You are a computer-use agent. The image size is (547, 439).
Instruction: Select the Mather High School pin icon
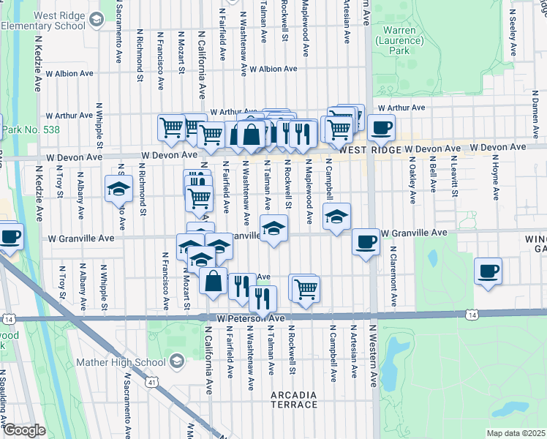point(176,361)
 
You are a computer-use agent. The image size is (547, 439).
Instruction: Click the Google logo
point(23,429)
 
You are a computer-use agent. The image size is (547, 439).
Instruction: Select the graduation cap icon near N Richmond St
point(118,189)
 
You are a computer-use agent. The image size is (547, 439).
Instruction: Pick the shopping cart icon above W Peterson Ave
point(306,288)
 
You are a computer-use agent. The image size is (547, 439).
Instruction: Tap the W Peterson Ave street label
point(250,319)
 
